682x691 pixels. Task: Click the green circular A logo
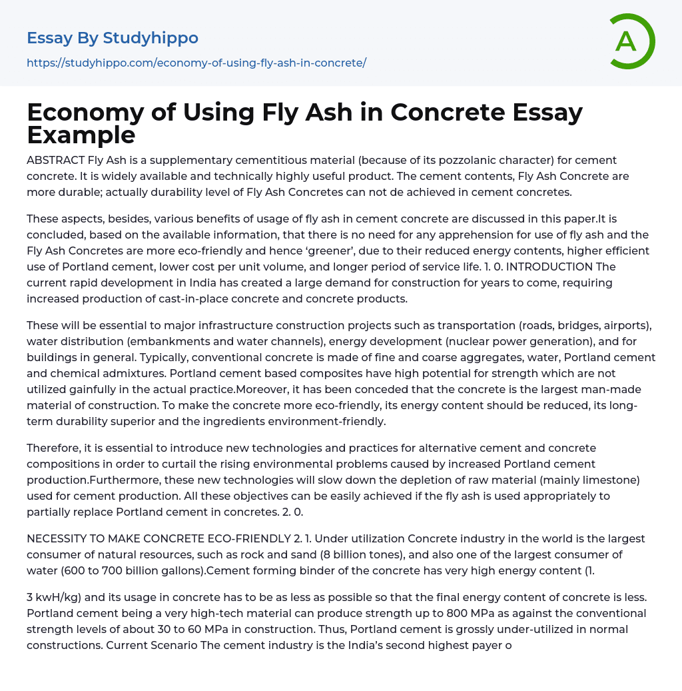tap(630, 41)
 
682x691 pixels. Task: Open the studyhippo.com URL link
tap(196, 63)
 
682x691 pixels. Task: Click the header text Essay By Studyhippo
tap(113, 38)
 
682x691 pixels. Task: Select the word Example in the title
tap(81, 135)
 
